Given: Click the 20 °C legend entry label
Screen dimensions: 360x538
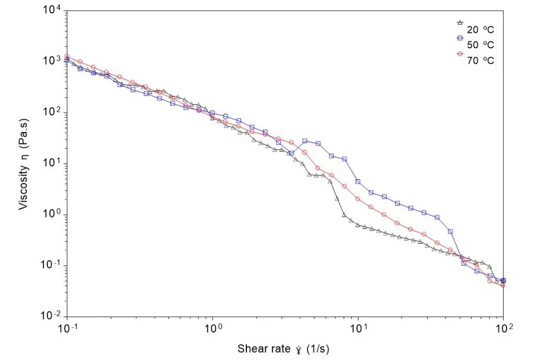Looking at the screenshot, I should (480, 29).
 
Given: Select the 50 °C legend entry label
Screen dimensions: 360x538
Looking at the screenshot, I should (480, 45).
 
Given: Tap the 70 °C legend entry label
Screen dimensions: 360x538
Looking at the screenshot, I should (480, 61).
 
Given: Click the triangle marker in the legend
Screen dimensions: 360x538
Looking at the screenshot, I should (460, 22).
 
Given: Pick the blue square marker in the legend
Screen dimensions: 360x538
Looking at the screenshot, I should (460, 38).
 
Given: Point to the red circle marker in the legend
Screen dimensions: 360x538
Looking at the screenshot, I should (460, 54).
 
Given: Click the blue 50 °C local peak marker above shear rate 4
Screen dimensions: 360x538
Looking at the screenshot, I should (305, 141).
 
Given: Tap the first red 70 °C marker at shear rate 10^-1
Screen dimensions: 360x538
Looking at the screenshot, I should (67, 56).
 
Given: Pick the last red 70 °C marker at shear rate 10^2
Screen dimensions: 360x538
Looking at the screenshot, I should (503, 285).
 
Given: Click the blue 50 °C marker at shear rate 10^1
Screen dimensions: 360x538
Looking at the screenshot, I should (358, 182).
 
